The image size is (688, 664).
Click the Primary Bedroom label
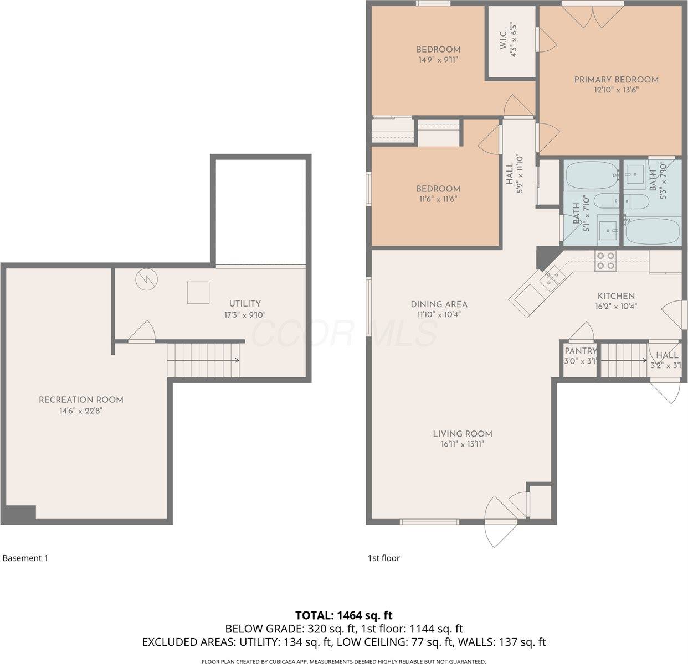(616, 80)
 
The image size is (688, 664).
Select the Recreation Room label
(81, 400)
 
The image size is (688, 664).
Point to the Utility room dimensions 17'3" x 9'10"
(245, 315)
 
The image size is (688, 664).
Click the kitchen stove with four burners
(605, 261)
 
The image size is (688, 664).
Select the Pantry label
(580, 351)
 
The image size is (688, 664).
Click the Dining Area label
(439, 304)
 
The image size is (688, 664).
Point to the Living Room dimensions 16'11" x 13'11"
(462, 444)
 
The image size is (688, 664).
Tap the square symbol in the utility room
(198, 293)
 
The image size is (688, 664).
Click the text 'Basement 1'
(25, 558)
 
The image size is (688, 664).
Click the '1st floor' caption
(383, 558)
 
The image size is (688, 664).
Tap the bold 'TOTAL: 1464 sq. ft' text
(343, 615)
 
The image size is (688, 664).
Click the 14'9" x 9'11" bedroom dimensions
(438, 60)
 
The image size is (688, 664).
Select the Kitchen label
(616, 296)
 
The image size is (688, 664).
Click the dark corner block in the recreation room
(20, 513)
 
